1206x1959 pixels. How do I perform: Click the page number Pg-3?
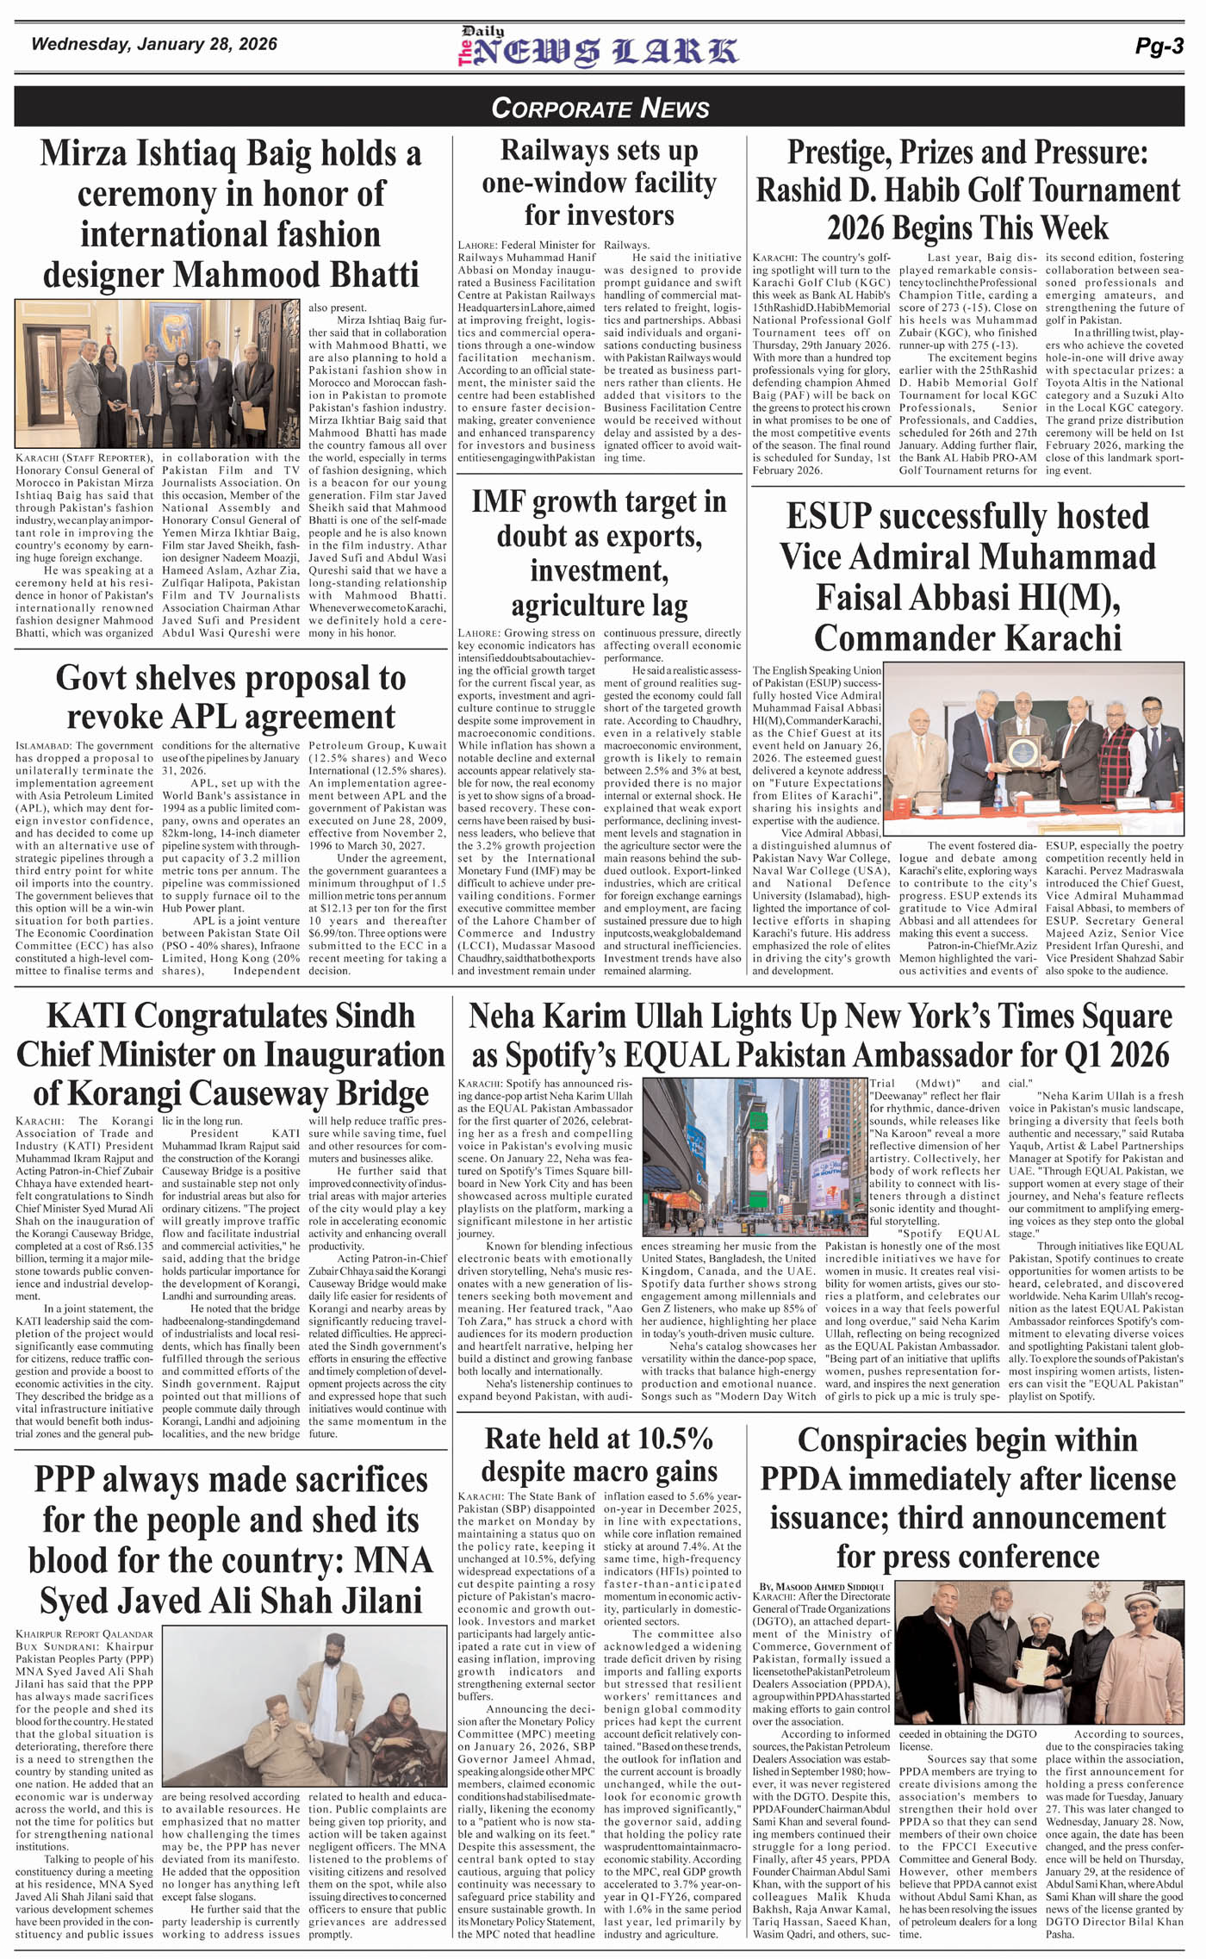[x=1159, y=47]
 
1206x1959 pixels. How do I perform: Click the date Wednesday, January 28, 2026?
[x=154, y=44]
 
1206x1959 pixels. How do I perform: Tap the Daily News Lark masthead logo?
[x=597, y=49]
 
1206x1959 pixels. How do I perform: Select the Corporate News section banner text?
[x=600, y=109]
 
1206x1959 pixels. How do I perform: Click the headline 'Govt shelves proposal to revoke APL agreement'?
[x=231, y=697]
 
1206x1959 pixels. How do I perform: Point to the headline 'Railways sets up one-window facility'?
[x=599, y=183]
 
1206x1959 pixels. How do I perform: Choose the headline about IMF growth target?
[x=599, y=553]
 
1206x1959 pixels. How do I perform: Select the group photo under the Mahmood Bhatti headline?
[x=159, y=375]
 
